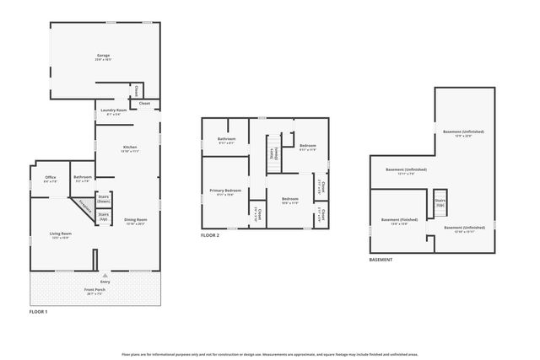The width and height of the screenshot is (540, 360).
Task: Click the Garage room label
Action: (103, 57)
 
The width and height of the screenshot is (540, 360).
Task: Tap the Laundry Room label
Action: (113, 111)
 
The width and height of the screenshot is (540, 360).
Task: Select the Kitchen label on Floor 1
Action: (130, 148)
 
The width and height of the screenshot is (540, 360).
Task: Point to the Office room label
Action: (51, 179)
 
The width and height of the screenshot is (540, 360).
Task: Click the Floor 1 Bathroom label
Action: (83, 179)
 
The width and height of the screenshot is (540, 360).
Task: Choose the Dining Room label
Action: (136, 222)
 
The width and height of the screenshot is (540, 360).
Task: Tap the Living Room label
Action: (59, 235)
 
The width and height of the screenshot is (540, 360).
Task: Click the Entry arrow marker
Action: (105, 276)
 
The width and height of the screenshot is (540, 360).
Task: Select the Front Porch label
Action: (94, 292)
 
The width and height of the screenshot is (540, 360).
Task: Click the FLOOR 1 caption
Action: (39, 313)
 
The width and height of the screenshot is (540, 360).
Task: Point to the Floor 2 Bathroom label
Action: (226, 140)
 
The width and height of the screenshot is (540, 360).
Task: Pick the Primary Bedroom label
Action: (225, 192)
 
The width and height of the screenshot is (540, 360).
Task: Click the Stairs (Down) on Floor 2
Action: (274, 154)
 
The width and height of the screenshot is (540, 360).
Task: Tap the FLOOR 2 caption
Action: (210, 235)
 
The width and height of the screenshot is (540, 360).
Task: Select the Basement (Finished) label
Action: (395, 222)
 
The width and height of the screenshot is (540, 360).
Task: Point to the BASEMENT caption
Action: (381, 260)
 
